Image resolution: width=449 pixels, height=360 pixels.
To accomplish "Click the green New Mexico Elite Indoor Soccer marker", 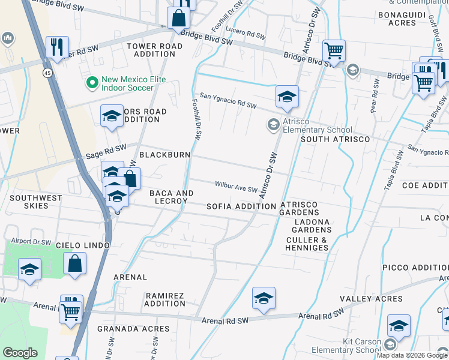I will pos(92,83).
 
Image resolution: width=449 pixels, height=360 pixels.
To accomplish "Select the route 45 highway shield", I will pos(46,73).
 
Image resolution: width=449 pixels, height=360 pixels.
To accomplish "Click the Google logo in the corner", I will pos(20,353).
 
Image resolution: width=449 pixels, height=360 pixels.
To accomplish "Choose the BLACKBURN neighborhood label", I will pos(164,155).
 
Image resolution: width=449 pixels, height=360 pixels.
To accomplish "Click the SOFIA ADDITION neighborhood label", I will pos(241,206).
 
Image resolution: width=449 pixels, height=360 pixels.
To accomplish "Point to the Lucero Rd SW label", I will pos(246,32).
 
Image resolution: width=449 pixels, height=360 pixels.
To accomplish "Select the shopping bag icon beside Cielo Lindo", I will pos(74,265).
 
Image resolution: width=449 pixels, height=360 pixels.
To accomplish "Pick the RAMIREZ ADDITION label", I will pos(165,299).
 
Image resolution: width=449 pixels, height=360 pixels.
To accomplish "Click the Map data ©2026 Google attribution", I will pos(412,355).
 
